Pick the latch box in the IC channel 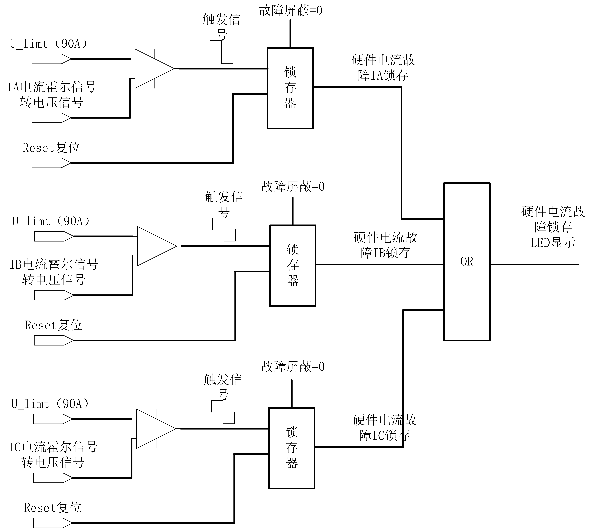coord(291,448)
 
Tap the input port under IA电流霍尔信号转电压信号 coord(51,118)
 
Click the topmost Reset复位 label coord(51,148)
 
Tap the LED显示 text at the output coord(552,242)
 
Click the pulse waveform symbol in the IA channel coord(222,52)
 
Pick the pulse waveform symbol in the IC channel coord(223,412)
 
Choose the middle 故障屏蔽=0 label coord(292,186)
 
